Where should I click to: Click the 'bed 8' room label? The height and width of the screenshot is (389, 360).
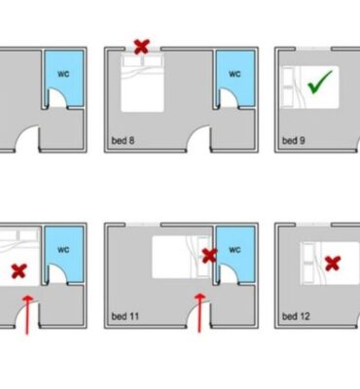click(123, 141)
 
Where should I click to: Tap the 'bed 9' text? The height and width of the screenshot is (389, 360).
click(294, 141)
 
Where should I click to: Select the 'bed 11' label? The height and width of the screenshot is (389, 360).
click(126, 316)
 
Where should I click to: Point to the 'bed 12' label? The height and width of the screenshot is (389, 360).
click(296, 316)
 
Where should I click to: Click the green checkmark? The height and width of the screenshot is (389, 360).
click(320, 83)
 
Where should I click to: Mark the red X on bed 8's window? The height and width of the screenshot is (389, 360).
click(142, 47)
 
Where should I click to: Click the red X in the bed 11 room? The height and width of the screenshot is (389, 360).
click(209, 256)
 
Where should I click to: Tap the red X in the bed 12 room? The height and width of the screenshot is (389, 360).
click(333, 264)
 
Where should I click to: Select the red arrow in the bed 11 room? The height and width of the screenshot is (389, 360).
click(200, 313)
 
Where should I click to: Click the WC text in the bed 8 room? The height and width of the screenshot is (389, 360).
click(234, 74)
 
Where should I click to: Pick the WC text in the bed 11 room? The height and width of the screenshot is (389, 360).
click(234, 250)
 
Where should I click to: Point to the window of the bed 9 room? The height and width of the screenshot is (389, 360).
click(313, 49)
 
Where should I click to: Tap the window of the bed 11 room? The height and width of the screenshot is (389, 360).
click(143, 225)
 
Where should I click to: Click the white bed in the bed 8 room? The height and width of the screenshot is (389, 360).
click(142, 83)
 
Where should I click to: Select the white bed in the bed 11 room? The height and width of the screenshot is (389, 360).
click(182, 257)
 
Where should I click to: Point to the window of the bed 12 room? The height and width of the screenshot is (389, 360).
click(313, 225)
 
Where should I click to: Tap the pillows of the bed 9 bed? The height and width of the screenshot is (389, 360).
click(288, 88)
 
